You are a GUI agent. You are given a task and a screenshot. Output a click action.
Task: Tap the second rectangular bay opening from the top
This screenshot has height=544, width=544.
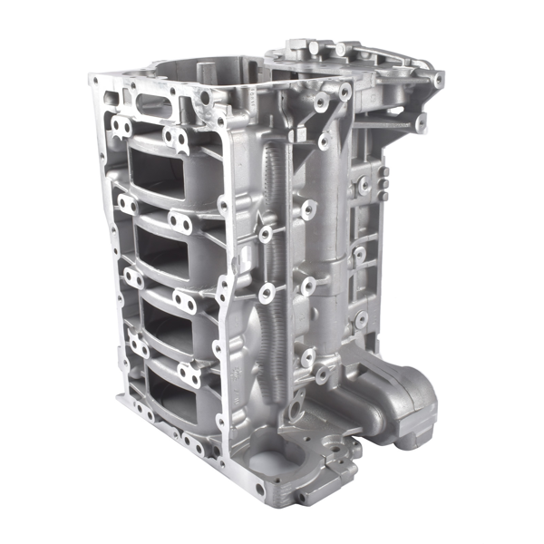click(168, 245)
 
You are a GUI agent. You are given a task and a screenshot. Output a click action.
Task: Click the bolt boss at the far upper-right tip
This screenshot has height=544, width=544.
click(439, 80)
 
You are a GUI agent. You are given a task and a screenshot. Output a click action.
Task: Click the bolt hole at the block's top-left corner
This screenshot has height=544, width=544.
click(94, 81)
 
